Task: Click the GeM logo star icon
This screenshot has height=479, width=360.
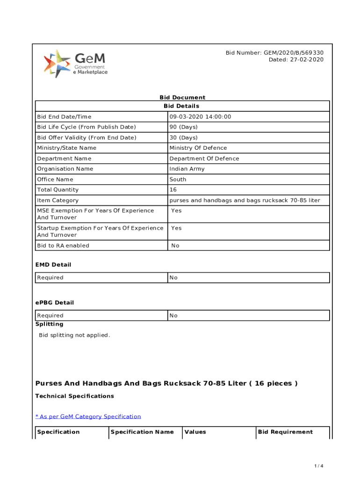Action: pyautogui.click(x=57, y=63)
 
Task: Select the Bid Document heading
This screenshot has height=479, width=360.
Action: pyautogui.click(x=182, y=97)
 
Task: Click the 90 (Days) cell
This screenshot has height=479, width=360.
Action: pyautogui.click(x=183, y=127)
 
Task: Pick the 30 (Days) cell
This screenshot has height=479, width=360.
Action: pyautogui.click(x=183, y=138)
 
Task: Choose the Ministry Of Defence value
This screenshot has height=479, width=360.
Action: pyautogui.click(x=198, y=148)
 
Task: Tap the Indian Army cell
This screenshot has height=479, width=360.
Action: pyautogui.click(x=187, y=169)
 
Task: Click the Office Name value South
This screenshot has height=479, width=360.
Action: pyautogui.click(x=178, y=179)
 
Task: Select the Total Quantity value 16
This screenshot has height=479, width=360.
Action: pyautogui.click(x=173, y=190)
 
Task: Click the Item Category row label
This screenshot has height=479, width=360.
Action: pyautogui.click(x=58, y=200)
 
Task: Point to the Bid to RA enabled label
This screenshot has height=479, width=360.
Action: pyautogui.click(x=63, y=246)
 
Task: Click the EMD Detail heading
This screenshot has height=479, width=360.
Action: pyautogui.click(x=53, y=265)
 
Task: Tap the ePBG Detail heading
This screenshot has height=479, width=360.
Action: pyautogui.click(x=55, y=303)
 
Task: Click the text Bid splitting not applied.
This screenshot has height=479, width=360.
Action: pyautogui.click(x=74, y=335)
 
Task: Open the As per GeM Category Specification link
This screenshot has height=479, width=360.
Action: pyautogui.click(x=88, y=416)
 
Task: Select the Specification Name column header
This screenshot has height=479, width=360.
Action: pyautogui.click(x=142, y=432)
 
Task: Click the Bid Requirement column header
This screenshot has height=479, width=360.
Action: pyautogui.click(x=285, y=432)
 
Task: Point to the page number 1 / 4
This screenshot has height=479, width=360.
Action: pyautogui.click(x=319, y=466)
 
